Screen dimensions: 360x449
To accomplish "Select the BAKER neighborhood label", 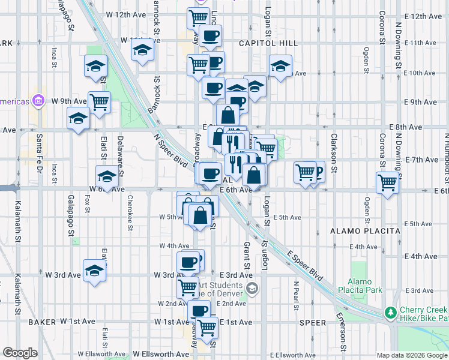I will click(x=42, y=322).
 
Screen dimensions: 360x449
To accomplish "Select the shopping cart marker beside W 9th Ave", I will click(x=99, y=101).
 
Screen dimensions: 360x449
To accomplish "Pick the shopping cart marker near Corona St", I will click(x=387, y=182).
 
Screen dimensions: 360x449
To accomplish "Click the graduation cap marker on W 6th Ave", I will click(x=107, y=176).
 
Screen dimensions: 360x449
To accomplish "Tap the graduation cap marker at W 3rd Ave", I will click(x=95, y=270).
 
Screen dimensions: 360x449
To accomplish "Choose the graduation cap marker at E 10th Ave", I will click(x=280, y=67).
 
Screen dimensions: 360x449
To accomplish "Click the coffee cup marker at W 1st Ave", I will click(x=199, y=311).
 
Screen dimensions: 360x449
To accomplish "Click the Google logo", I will click(x=20, y=353).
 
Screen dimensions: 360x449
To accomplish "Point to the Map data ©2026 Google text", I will click(x=412, y=355).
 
